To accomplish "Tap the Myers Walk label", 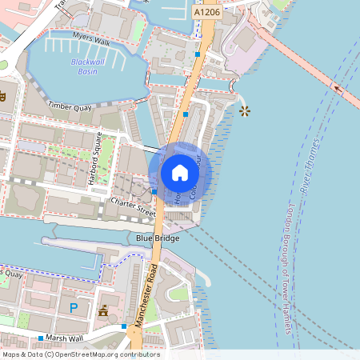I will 90,37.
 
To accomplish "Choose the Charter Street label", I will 133,206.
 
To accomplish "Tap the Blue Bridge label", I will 157,238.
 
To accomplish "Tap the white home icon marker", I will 180,173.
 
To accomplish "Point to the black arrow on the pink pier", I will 336,88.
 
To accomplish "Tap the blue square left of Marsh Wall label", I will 40,338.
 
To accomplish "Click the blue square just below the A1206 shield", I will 198,54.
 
